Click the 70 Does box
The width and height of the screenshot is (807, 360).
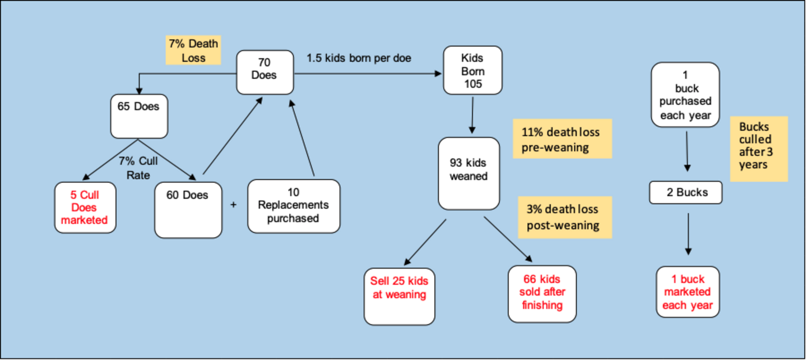[x=264, y=72]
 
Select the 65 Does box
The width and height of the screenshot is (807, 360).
[x=139, y=116]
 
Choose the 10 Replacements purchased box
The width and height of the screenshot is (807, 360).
[x=293, y=206]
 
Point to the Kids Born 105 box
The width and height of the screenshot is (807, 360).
[x=472, y=71]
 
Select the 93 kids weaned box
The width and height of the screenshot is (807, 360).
[x=469, y=173]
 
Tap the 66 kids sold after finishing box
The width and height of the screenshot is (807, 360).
[x=541, y=294]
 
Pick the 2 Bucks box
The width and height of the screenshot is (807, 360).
[x=686, y=192]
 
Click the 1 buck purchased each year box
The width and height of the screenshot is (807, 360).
[x=685, y=95]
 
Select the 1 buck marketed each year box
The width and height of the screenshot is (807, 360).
[x=687, y=292]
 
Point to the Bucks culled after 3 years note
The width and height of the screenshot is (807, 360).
[x=758, y=149]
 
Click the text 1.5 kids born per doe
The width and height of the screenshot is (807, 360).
[x=359, y=58]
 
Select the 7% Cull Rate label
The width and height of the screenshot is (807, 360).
[x=138, y=168]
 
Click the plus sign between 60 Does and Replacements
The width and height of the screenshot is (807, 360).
[x=234, y=205]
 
